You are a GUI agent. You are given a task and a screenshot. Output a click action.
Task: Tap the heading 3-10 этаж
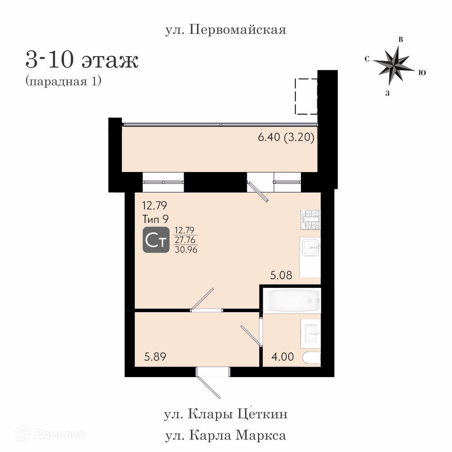pyautogui.click(x=82, y=60)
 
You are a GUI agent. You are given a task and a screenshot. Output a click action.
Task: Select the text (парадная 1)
pyautogui.click(x=64, y=81)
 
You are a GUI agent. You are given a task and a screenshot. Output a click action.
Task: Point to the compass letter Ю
pyautogui.click(x=422, y=73)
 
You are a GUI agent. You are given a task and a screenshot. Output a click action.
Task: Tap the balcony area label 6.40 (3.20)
pyautogui.click(x=286, y=137)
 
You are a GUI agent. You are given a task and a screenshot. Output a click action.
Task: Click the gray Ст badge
pyautogui.click(x=156, y=240)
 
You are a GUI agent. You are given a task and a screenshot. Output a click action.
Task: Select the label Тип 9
pyautogui.click(x=155, y=219)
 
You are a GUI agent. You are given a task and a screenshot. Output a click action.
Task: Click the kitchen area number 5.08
pyautogui.click(x=281, y=275)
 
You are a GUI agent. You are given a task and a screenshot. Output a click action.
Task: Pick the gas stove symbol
pyautogui.click(x=311, y=219)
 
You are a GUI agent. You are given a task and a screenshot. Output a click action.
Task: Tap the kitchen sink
pyautogui.click(x=311, y=248)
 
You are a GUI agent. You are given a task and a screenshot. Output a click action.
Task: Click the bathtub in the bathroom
pyautogui.click(x=292, y=300)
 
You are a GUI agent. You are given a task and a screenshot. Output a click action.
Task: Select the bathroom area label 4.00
pyautogui.click(x=282, y=357)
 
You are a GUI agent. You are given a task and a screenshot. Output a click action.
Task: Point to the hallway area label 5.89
pyautogui.click(x=155, y=357)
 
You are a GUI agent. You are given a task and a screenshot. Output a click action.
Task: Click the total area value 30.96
pyautogui.click(x=186, y=249)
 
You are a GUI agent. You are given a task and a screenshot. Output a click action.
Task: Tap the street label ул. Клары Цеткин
pyautogui.click(x=226, y=414)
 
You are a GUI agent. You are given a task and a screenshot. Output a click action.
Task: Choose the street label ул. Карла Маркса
pyautogui.click(x=226, y=435)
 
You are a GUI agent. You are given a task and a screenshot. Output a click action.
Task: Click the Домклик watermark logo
pyautogui.click(x=51, y=434)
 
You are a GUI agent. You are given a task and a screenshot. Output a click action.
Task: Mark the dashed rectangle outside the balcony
pyautogui.click(x=306, y=96)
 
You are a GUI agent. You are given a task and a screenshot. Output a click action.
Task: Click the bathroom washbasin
pyautogui.click(x=311, y=334)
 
